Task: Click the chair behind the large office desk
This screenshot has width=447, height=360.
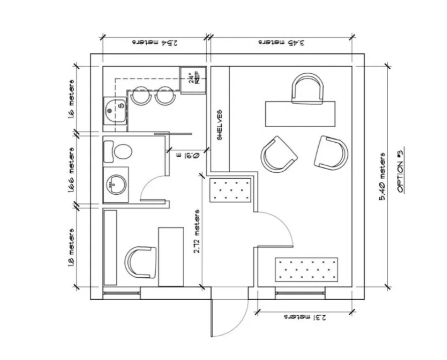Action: click(307, 89)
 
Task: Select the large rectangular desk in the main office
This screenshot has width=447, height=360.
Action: click(300, 113)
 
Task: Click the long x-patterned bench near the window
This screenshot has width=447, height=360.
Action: click(306, 269)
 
